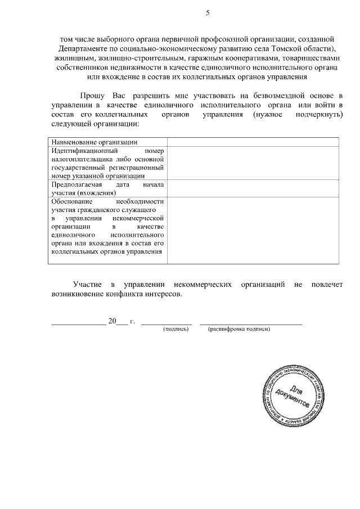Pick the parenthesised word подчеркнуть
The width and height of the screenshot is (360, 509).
pos(318,114)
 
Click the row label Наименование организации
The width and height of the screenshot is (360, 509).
pos(94,142)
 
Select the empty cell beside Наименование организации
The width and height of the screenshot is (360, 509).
pos(253,142)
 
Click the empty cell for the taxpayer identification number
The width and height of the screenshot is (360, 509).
pos(253,163)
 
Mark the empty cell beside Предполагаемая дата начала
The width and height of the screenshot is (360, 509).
pos(253,188)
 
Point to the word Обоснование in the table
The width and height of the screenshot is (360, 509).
pos(71,201)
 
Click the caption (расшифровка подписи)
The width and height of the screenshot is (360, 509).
pos(239,329)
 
